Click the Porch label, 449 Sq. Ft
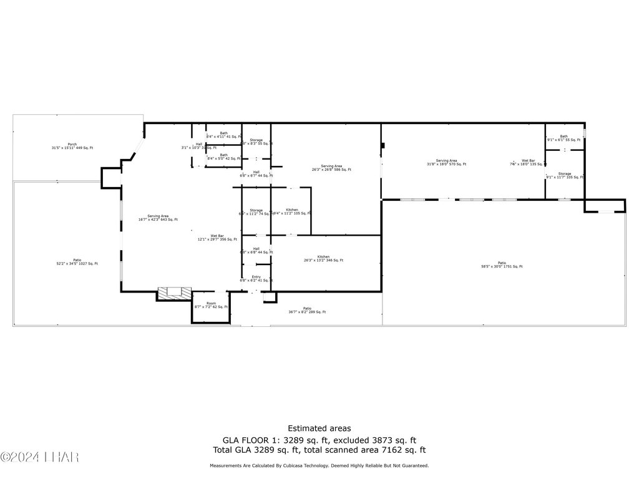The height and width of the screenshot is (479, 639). click(x=72, y=146)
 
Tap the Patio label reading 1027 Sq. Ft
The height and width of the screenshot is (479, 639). click(x=77, y=262)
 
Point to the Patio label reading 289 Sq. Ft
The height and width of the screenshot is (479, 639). click(x=307, y=310)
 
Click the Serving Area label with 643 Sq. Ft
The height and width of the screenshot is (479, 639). click(x=158, y=218)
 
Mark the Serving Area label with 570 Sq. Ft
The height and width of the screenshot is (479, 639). click(x=446, y=162)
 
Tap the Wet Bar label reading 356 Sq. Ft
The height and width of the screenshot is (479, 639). click(x=217, y=238)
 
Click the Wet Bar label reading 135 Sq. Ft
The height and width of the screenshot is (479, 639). click(x=528, y=162)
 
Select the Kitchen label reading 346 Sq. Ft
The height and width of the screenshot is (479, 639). click(x=323, y=258)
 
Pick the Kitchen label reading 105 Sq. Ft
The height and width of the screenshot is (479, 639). click(x=292, y=211)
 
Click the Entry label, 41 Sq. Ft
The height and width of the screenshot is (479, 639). click(x=256, y=279)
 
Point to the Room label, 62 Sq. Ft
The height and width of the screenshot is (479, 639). click(x=211, y=305)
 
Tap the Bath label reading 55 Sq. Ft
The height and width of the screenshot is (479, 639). click(x=563, y=138)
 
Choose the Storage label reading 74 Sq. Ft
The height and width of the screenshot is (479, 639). click(x=256, y=211)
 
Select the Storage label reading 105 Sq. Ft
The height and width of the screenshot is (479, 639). click(x=564, y=175)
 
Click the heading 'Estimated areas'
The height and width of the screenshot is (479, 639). click(x=319, y=428)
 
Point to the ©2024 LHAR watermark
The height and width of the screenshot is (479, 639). click(x=40, y=458)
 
